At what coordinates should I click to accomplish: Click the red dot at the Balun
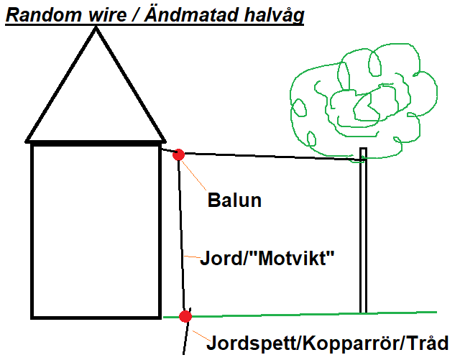[x=178, y=154]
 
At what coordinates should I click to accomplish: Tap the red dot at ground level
[x=185, y=316]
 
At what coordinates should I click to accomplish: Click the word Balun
[x=234, y=200]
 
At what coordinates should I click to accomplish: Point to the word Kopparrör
[x=344, y=342]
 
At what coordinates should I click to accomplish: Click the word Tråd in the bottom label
[x=429, y=342]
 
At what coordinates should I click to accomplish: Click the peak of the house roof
[x=96, y=29]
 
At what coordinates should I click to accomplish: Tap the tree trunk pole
[x=364, y=237]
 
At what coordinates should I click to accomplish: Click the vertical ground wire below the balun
[x=182, y=237]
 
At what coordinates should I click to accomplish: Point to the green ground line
[x=309, y=313]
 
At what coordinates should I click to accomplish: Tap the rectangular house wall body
[x=95, y=230]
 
